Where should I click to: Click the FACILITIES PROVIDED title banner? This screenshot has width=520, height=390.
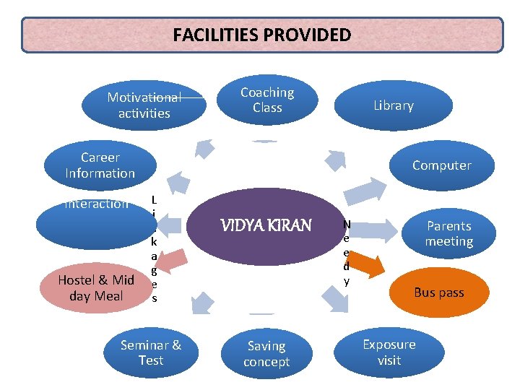[x=262, y=35]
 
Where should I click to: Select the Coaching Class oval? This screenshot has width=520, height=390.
[x=267, y=101]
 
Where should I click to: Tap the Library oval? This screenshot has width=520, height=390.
[x=394, y=105]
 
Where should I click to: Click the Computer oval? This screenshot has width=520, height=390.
[x=441, y=165]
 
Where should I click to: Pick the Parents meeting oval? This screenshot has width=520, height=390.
[x=448, y=234]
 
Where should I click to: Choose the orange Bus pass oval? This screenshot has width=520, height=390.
[x=439, y=292]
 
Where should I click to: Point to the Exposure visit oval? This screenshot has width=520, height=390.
[x=389, y=352]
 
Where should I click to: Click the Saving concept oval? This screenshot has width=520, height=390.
[x=266, y=354]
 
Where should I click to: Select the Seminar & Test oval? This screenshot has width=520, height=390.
[x=151, y=352]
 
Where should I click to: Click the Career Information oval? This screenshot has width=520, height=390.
[x=100, y=165]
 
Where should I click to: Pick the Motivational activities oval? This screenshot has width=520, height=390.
[x=144, y=105]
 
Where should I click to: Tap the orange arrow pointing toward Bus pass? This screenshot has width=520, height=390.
[x=367, y=266]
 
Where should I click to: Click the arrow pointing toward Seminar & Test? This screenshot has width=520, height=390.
[x=203, y=302]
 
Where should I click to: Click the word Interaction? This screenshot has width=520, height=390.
[x=97, y=204]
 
